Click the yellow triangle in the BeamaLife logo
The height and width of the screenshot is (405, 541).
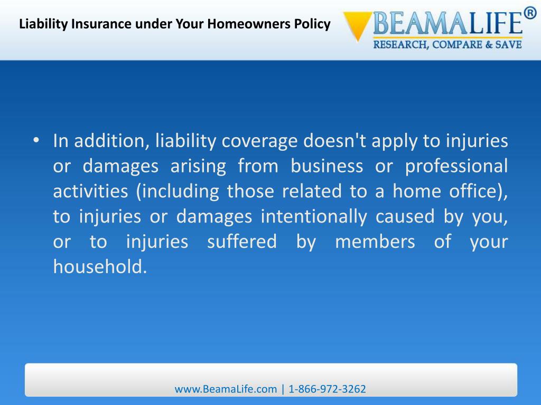pos(357,25)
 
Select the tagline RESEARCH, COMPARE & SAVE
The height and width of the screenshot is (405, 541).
pos(447,45)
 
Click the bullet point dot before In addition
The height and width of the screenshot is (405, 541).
pos(36,141)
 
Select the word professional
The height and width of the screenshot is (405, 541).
pos(456,166)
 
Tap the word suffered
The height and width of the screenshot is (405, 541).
pos(241,242)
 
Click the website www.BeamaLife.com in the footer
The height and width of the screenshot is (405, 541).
pos(226,389)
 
